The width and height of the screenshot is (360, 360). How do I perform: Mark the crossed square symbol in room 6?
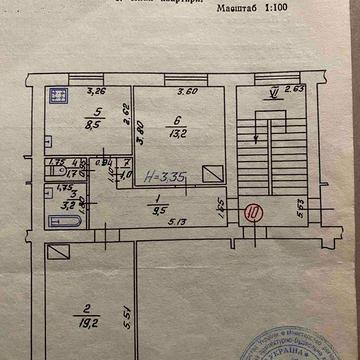212,173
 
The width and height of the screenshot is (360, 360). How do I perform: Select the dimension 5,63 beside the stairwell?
302,209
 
